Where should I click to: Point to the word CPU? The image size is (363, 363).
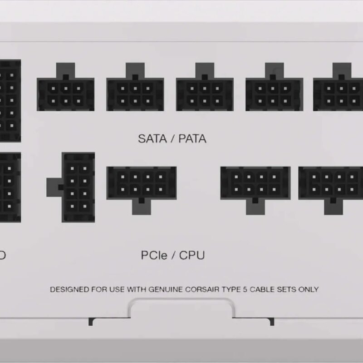(192, 255)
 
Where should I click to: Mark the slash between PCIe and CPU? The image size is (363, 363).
(174, 255)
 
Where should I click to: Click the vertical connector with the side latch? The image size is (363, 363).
(77, 187)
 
